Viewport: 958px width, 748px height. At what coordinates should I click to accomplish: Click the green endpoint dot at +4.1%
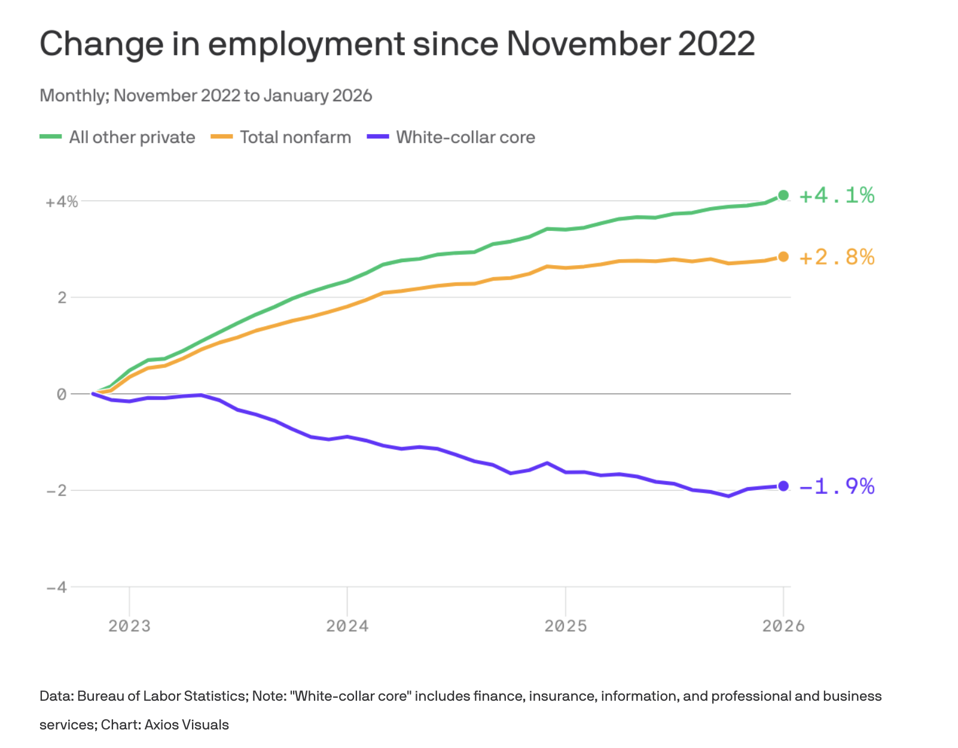pos(783,195)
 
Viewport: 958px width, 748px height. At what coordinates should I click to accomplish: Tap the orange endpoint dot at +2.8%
pos(783,257)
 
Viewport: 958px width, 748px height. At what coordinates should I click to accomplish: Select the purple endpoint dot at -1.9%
pos(783,486)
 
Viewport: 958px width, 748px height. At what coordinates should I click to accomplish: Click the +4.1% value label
pos(837,195)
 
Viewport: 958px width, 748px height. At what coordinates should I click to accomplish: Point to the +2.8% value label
pos(837,257)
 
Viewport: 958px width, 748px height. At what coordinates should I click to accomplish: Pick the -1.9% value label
pos(837,486)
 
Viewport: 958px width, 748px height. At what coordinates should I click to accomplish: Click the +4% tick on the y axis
pos(62,202)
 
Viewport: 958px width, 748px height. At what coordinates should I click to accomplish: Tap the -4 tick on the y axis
pos(57,587)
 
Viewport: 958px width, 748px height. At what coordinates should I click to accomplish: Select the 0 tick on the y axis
pos(62,394)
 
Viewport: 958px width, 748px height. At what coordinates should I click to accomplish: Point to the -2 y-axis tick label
pos(57,491)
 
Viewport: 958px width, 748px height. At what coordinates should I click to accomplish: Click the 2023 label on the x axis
pos(129,626)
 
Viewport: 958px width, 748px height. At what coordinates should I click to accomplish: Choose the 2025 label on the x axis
pos(566,626)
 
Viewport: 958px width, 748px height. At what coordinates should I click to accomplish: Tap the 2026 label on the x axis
pos(783,626)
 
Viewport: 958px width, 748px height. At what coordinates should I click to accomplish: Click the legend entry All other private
pos(132,137)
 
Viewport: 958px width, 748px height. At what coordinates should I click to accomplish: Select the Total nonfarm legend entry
pos(295,137)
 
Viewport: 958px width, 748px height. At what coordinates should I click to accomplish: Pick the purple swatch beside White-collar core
pos(378,137)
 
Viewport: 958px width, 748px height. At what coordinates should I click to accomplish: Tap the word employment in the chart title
pos(306,44)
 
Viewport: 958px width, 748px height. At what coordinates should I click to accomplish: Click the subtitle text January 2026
pos(318,96)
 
